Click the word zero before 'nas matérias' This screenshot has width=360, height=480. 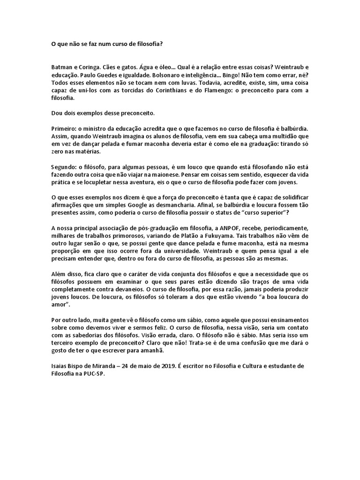click(x=59, y=152)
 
